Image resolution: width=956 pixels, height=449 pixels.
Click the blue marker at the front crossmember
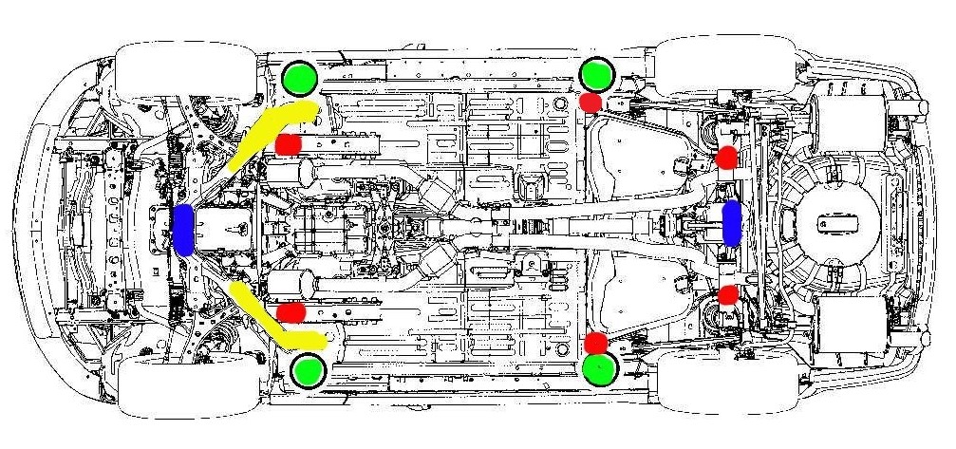click(x=184, y=229)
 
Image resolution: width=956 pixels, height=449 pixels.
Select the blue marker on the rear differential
click(x=733, y=224)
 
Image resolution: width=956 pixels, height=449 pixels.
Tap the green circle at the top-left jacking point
click(x=301, y=77)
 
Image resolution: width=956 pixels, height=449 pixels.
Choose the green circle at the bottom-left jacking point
click(x=309, y=369)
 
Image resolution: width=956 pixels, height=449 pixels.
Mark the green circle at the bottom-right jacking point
click(x=599, y=369)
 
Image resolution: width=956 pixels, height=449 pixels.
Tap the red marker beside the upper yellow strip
click(x=288, y=143)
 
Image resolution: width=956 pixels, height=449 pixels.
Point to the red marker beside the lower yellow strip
click(x=291, y=311)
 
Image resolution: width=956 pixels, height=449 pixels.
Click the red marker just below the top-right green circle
click(x=590, y=102)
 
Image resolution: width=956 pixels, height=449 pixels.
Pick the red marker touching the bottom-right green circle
click(x=596, y=343)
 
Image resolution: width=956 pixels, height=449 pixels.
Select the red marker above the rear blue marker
click(x=727, y=159)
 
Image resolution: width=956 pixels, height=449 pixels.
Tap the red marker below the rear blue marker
click(x=728, y=294)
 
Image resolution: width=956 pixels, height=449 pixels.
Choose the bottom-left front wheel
click(x=190, y=384)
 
